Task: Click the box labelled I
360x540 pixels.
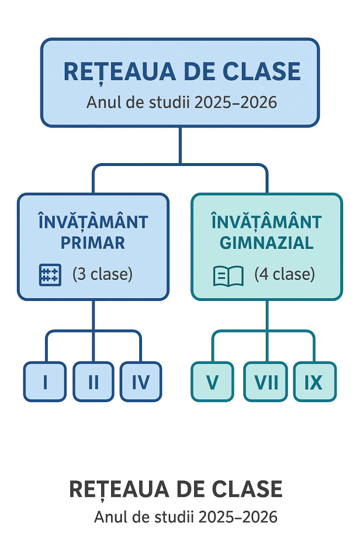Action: click(x=45, y=382)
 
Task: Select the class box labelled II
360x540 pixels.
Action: click(x=93, y=382)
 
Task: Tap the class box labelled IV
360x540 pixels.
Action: click(x=141, y=382)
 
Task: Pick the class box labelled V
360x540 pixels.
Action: click(x=212, y=382)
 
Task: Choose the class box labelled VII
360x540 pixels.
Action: click(x=266, y=382)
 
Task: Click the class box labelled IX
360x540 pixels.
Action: click(x=315, y=382)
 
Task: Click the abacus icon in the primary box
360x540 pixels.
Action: click(x=50, y=275)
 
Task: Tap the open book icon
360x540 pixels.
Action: click(x=228, y=276)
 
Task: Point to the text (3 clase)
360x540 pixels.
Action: click(x=103, y=274)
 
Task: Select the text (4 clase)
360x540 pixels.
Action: click(x=285, y=274)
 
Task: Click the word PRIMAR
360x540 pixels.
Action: click(x=93, y=243)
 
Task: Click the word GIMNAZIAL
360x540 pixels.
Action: click(x=267, y=243)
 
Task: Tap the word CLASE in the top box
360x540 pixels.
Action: click(x=262, y=71)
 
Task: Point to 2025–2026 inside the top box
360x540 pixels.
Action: click(x=236, y=102)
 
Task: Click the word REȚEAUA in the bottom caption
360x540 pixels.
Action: click(x=119, y=489)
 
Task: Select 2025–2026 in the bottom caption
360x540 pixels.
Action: click(x=238, y=517)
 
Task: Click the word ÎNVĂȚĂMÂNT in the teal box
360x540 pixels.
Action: click(x=267, y=222)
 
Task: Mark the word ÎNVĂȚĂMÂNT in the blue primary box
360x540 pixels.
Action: click(x=93, y=222)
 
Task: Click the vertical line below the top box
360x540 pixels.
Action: click(x=180, y=145)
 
